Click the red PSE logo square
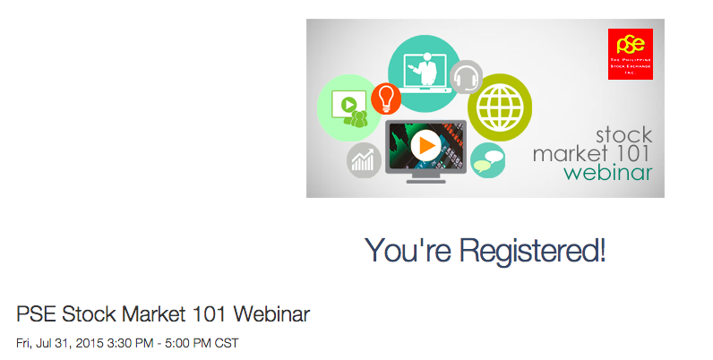coord(631,54)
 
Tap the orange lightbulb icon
coord(386,98)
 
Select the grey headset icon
coord(466,77)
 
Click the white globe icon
coord(500,107)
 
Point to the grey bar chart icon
coord(364,160)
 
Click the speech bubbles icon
coord(487,160)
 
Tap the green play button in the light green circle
coord(348,105)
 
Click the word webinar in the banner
coord(608,172)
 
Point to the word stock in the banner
coord(623,135)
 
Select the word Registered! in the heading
coord(532,251)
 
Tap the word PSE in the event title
coord(37,314)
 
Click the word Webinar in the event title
coord(271,314)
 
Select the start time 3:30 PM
coord(130,343)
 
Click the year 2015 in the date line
coord(90,343)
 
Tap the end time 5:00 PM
coord(188,343)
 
